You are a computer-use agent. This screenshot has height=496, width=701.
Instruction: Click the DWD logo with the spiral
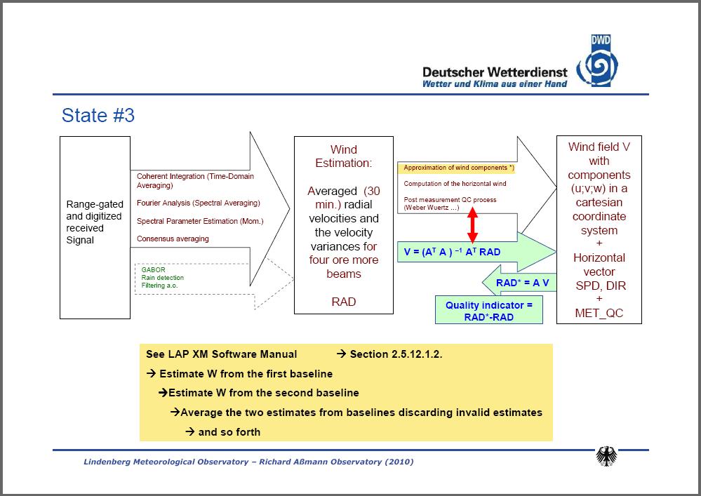[598, 61]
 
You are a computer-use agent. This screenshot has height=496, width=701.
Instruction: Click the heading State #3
[98, 115]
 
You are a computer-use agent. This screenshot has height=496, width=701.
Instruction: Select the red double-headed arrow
[472, 225]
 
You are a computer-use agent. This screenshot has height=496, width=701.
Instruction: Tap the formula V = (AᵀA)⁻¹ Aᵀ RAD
[452, 252]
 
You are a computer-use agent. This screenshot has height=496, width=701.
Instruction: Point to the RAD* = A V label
[522, 283]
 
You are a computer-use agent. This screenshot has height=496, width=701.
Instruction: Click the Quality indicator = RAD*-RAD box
[489, 310]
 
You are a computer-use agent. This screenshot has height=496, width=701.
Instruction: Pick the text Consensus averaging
[173, 239]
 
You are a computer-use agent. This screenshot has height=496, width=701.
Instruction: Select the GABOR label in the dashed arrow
[154, 270]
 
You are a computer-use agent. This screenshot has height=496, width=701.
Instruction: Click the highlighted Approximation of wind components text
[456, 168]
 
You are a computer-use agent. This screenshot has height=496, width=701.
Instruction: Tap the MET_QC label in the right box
[599, 313]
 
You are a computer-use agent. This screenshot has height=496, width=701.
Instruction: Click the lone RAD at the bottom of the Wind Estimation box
[343, 302]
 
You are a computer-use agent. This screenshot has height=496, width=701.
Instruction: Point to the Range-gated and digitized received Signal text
[94, 222]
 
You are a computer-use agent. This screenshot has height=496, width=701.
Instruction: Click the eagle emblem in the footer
[606, 456]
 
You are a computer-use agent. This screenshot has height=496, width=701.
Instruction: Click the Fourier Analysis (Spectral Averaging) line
[198, 203]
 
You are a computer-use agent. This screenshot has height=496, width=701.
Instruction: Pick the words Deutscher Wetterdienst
[495, 72]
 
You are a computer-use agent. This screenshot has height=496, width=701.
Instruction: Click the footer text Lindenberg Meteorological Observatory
[166, 462]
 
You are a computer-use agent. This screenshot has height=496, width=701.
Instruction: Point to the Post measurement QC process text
[450, 200]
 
